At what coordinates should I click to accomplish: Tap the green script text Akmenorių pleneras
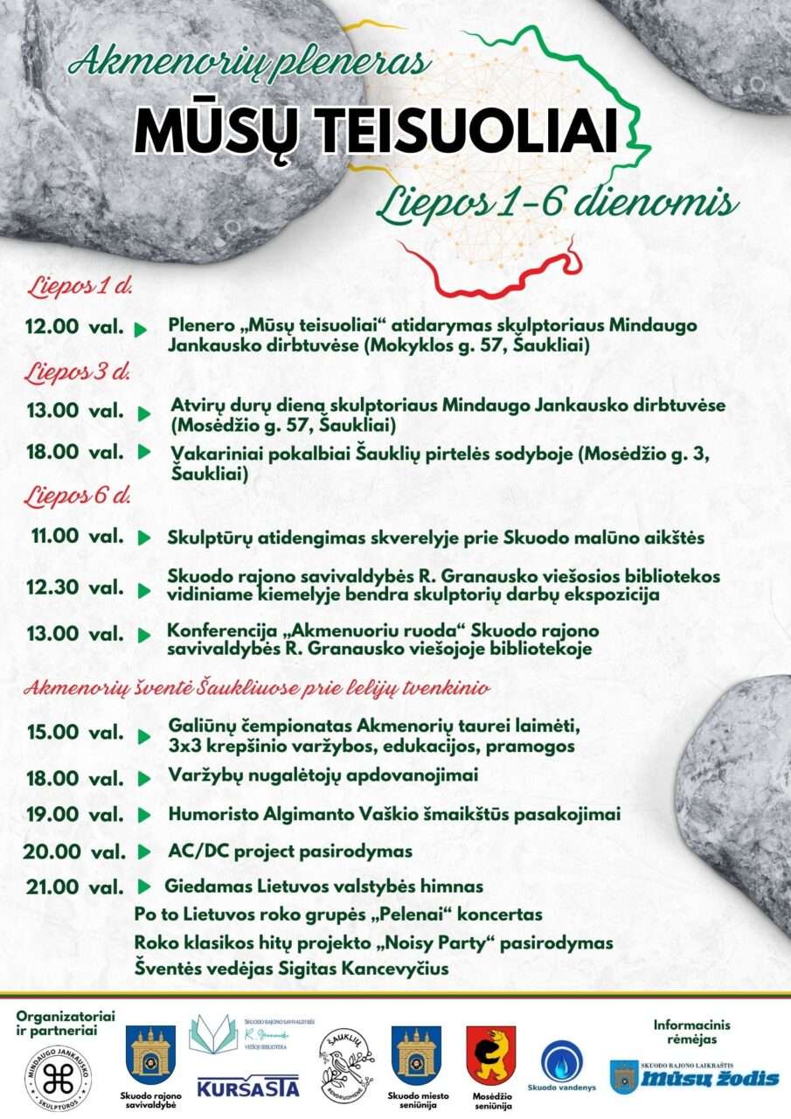(x=250, y=60)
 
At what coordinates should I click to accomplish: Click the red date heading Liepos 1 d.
(x=78, y=286)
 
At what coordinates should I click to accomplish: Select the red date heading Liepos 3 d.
(x=78, y=371)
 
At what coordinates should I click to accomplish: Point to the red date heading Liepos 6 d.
(x=78, y=497)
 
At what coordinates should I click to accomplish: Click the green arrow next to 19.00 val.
(x=144, y=815)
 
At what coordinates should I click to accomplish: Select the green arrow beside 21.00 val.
(x=145, y=886)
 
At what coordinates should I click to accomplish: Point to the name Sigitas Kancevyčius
(x=367, y=969)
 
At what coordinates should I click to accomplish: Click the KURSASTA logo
(x=248, y=1088)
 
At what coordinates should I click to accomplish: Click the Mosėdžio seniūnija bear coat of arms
(x=490, y=1056)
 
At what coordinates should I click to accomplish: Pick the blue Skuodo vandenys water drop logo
(x=562, y=1062)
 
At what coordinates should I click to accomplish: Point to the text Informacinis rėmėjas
(x=691, y=1032)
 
